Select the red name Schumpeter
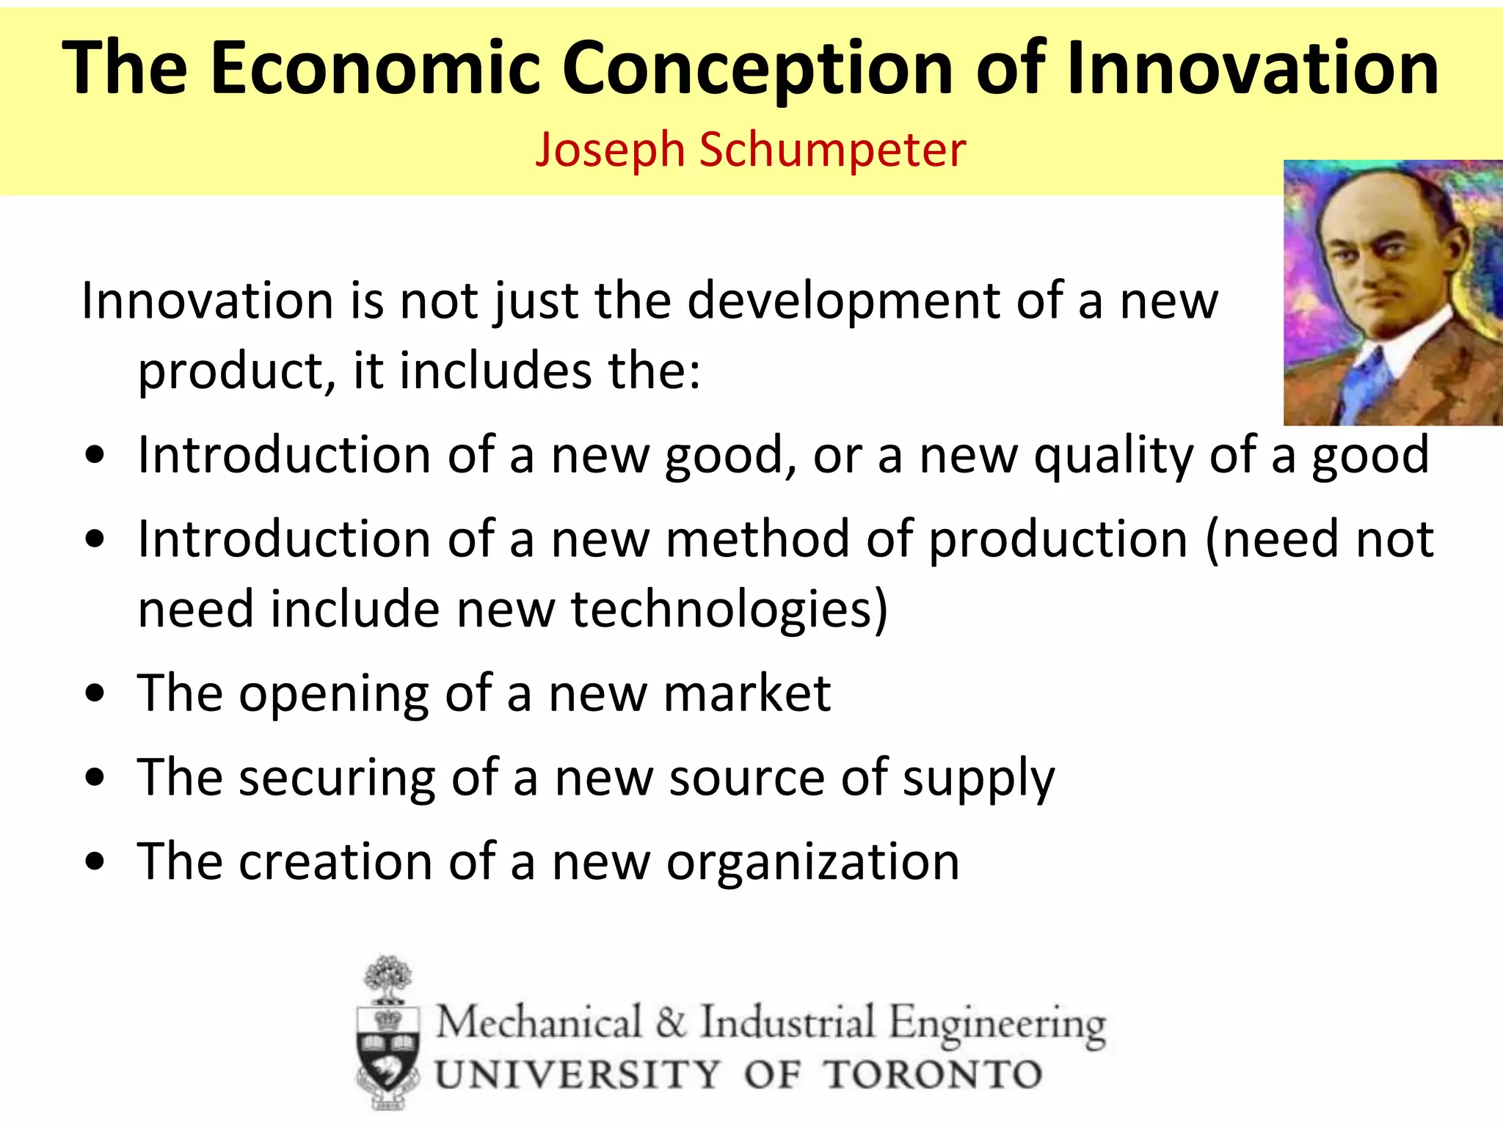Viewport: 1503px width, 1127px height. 832,150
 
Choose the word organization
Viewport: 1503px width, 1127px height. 812,862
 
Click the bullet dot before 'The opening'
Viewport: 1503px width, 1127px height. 95,694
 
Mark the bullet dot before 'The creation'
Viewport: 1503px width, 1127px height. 95,861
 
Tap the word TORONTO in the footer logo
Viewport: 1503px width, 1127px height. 932,1075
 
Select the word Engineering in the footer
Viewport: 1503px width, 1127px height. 997,1024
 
